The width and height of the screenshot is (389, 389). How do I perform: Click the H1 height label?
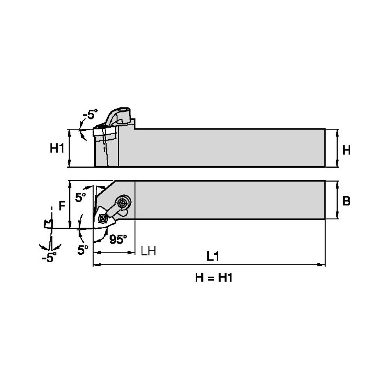click(57, 148)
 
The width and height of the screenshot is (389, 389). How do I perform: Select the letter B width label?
click(347, 201)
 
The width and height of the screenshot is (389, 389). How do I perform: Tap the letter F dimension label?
click(61, 206)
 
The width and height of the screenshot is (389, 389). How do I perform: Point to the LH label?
click(148, 251)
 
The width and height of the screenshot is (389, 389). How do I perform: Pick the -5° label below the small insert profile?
click(49, 257)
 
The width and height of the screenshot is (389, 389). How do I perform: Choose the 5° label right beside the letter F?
click(81, 198)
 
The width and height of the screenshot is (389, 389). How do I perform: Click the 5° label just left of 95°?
click(83, 250)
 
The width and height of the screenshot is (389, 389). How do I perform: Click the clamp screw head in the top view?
click(123, 203)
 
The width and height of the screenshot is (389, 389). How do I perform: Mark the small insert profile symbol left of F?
click(49, 224)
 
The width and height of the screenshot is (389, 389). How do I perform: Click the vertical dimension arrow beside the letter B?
click(335, 200)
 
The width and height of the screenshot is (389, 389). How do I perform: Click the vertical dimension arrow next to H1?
click(70, 148)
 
